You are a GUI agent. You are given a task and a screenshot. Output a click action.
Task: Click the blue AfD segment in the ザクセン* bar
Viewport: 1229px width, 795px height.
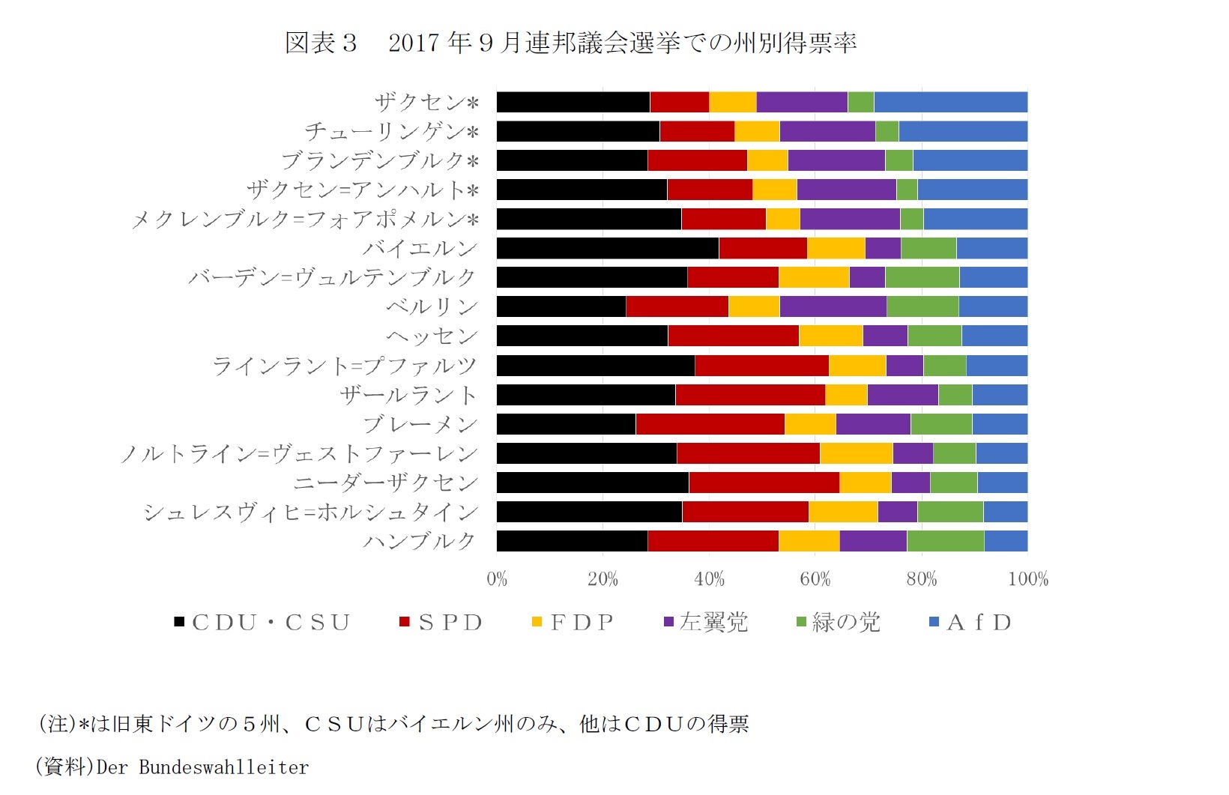pyautogui.click(x=950, y=102)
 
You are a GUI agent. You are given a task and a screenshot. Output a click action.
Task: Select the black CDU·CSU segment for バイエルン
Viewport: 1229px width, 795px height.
pyautogui.click(x=607, y=248)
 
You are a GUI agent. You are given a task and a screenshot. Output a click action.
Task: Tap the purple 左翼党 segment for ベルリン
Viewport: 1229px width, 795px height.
pyautogui.click(x=833, y=306)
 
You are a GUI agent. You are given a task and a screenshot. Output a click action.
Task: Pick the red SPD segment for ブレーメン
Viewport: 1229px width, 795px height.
pyautogui.click(x=710, y=424)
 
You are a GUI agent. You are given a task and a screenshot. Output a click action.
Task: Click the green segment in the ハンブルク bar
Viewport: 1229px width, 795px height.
pyautogui.click(x=945, y=541)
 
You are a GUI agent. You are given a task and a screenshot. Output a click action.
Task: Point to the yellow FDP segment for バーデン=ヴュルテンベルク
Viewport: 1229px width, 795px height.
pyautogui.click(x=813, y=277)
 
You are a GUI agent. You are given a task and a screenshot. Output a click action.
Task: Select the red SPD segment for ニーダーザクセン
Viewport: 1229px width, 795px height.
pyautogui.click(x=764, y=483)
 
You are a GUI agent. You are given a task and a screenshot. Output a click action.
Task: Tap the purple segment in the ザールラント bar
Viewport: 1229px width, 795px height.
pyautogui.click(x=902, y=395)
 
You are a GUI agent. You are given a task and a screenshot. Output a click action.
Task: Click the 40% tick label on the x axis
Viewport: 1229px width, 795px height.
pyautogui.click(x=709, y=579)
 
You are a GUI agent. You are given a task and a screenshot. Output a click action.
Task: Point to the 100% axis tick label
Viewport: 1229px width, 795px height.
pyautogui.click(x=1027, y=579)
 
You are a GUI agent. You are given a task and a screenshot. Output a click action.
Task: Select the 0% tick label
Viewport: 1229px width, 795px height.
pyautogui.click(x=497, y=579)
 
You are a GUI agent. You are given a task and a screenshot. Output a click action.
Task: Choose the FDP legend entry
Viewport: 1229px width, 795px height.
pyautogui.click(x=573, y=623)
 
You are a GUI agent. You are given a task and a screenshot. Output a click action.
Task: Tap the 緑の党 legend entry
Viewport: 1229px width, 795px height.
pyautogui.click(x=838, y=623)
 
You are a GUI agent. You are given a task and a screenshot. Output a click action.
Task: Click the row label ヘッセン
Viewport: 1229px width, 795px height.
pyautogui.click(x=432, y=336)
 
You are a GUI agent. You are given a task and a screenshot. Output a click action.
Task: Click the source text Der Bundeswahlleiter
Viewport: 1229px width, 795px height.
pyautogui.click(x=202, y=767)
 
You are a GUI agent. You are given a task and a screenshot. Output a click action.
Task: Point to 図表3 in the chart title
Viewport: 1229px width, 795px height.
pyautogui.click(x=321, y=43)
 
